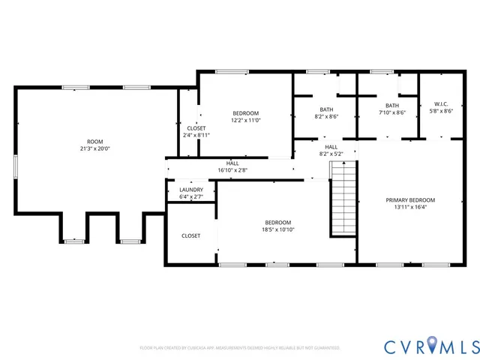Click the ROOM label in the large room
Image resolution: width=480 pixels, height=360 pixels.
coord(94,140)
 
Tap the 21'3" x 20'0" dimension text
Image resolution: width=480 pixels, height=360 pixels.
coord(94,148)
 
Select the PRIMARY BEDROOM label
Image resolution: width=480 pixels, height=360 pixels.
coord(410,199)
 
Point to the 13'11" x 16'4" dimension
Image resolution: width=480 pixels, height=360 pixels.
coord(410,208)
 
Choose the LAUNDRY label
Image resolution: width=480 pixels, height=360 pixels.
coord(191,190)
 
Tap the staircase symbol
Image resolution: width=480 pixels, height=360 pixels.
coord(343,201)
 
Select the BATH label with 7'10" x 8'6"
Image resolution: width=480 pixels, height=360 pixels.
coord(392,105)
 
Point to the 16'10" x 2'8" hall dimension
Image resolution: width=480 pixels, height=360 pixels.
coord(232,170)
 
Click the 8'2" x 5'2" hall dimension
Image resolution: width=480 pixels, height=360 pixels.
coord(331,154)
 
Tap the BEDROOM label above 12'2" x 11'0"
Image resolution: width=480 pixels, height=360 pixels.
coord(245,112)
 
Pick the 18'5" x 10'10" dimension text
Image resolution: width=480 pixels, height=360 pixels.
coord(277,230)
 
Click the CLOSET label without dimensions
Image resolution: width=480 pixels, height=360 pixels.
coord(191,235)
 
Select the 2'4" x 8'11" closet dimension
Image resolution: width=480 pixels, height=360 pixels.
coord(196,136)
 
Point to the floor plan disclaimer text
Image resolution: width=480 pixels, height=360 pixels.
coord(240,348)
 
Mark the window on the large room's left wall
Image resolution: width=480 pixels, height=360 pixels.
coord(15,166)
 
